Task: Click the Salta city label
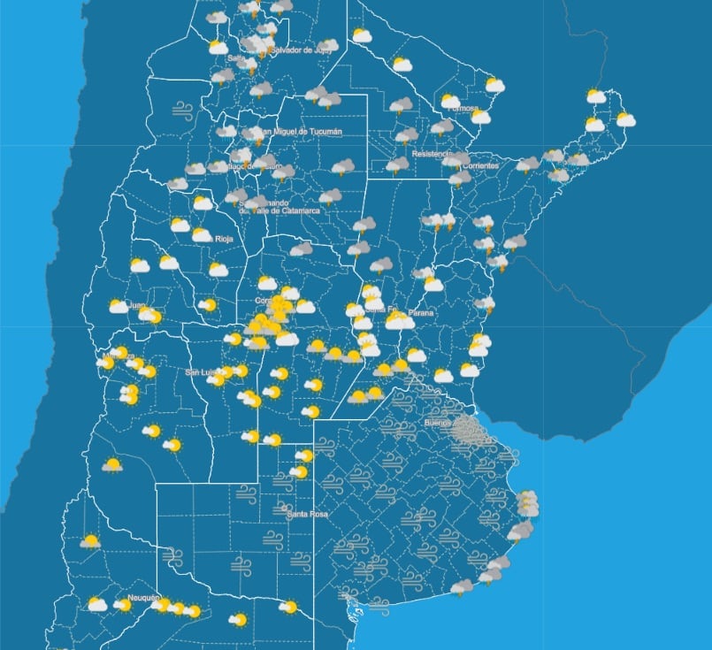tap(236, 58)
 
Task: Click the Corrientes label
tap(480, 165)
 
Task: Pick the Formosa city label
tap(463, 108)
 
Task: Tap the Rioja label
tap(225, 238)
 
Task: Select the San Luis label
tap(202, 372)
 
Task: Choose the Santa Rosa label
tap(302, 513)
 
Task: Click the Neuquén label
tap(142, 598)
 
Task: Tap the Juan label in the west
tap(137, 305)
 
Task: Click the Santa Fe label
tap(375, 309)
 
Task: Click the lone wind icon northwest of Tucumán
tap(183, 111)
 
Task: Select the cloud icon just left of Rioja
tap(202, 235)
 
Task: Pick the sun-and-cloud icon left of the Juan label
tap(118, 306)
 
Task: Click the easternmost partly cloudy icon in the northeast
tap(625, 119)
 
